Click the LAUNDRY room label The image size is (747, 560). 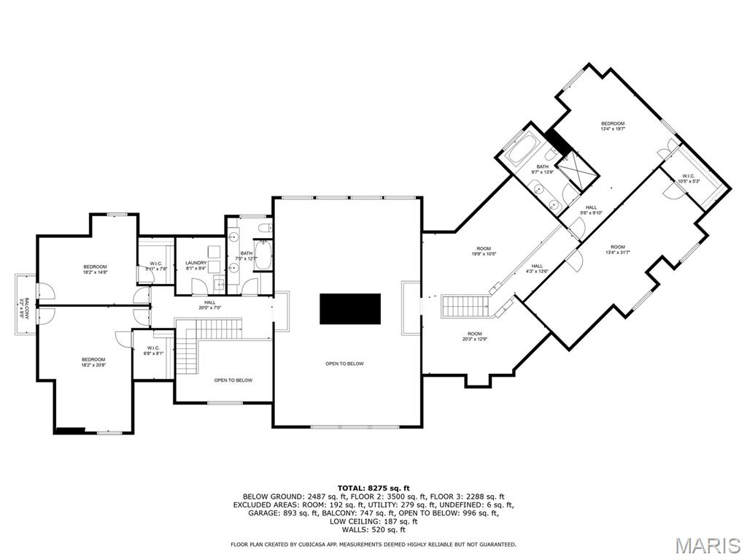196,263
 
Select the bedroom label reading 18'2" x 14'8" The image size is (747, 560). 95,269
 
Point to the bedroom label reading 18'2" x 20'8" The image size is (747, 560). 93,361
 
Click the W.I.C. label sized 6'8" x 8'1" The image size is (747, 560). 153,350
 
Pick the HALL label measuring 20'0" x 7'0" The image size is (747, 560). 210,304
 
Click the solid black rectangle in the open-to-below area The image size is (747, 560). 350,309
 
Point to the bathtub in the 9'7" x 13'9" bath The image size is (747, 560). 522,149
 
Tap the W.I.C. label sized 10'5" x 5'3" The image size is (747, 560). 690,178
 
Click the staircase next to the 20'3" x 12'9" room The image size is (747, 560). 468,306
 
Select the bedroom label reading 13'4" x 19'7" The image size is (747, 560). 613,126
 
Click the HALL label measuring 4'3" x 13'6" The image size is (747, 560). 537,268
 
